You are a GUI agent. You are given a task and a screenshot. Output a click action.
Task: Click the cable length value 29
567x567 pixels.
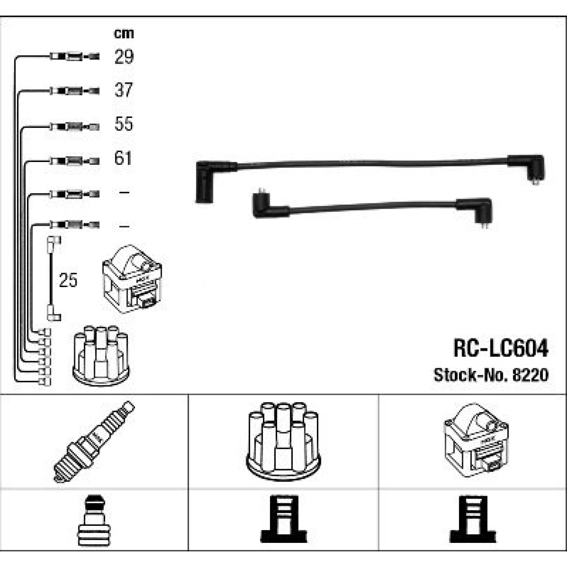point(124,57)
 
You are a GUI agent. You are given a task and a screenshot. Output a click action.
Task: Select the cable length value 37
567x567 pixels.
point(124,90)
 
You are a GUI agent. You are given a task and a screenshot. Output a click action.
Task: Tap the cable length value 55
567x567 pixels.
point(124,124)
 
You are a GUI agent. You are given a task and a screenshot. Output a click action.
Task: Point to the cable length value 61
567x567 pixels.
point(123,158)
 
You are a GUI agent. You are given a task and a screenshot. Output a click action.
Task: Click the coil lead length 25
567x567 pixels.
point(68,280)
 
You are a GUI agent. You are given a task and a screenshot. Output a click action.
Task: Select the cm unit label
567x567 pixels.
point(124,33)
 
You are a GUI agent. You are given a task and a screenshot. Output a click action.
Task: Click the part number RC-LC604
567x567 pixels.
point(501,348)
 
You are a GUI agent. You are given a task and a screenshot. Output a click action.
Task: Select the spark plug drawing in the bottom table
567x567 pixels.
point(94,442)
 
